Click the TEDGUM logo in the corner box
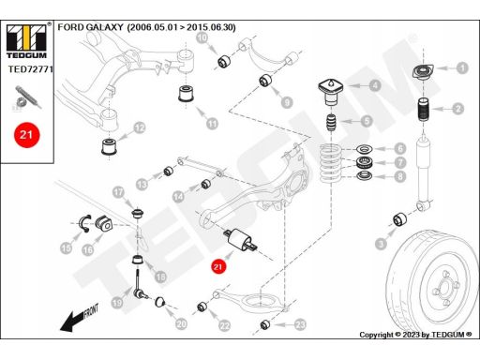[26, 40]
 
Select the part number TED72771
[30, 69]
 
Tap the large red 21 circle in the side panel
[26, 135]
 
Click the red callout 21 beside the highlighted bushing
[217, 266]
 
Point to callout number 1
[462, 67]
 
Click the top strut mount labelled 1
[423, 73]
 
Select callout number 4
[375, 85]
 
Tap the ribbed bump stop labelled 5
[331, 123]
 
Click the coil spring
[331, 162]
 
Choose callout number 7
[400, 162]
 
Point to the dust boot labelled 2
[424, 110]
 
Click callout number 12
[140, 127]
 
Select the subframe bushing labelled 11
[187, 93]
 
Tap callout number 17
[118, 192]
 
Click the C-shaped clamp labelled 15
[83, 224]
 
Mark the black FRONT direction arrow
[80, 318]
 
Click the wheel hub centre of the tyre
[444, 287]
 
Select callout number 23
[300, 325]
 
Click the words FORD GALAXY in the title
[91, 27]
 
